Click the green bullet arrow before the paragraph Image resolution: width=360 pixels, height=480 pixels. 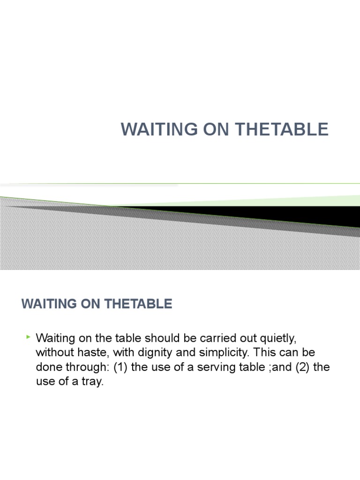click(29, 337)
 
